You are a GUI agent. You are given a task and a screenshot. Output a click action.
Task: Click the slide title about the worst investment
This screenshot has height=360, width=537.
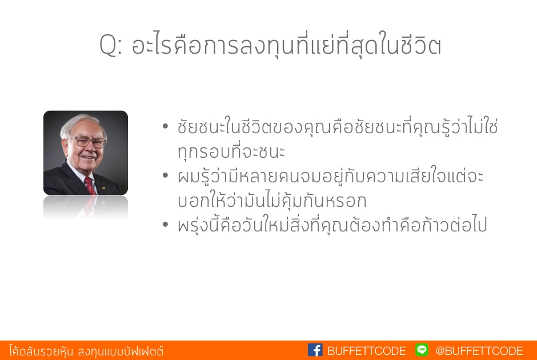click(x=270, y=44)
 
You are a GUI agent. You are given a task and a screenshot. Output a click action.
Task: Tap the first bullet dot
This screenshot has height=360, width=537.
click(x=166, y=126)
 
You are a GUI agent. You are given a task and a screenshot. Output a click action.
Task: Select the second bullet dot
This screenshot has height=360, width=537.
click(x=166, y=175)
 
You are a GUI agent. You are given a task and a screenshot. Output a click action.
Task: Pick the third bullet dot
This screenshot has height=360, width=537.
click(x=166, y=225)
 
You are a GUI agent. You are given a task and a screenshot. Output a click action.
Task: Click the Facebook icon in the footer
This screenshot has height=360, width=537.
click(x=315, y=350)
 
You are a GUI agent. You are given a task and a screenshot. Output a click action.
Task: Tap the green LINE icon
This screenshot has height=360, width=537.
click(x=422, y=350)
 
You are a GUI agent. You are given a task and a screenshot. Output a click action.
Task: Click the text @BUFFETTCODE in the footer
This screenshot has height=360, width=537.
click(x=479, y=351)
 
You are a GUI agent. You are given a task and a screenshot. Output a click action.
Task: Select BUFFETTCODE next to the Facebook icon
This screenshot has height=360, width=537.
click(x=366, y=351)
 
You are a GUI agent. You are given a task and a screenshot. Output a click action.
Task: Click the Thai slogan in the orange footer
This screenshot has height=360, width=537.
click(x=86, y=351)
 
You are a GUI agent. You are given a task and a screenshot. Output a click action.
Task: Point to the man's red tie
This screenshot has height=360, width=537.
click(x=90, y=186)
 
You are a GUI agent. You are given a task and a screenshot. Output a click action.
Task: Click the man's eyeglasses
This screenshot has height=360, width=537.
click(x=87, y=141)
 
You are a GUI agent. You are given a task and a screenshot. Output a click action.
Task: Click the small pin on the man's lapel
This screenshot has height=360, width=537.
click(x=103, y=187)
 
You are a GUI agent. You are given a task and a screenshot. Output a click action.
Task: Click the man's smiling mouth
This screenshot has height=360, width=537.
click(x=89, y=157)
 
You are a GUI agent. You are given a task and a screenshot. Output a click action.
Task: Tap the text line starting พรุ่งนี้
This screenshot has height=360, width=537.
click(x=332, y=225)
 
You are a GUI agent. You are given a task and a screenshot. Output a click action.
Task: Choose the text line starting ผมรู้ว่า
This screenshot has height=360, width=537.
click(x=330, y=176)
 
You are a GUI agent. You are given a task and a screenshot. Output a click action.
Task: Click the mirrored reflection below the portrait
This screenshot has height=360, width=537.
click(x=86, y=207)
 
